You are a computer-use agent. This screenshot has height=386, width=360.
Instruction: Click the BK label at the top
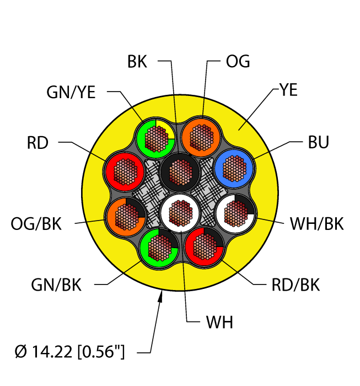pyautogui.click(x=137, y=61)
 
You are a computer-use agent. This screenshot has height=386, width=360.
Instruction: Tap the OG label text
pyautogui.click(x=238, y=61)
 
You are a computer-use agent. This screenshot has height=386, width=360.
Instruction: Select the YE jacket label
pyautogui.click(x=288, y=90)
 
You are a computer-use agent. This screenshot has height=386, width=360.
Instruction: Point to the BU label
pyautogui.click(x=318, y=143)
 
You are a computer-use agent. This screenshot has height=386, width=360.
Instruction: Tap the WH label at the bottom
pyautogui.click(x=219, y=323)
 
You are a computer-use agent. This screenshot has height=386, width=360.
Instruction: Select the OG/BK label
pyautogui.click(x=36, y=224)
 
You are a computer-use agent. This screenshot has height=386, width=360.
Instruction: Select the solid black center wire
pyautogui.click(x=179, y=171)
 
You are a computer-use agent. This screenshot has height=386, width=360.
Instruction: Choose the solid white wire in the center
pyautogui.click(x=179, y=212)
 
